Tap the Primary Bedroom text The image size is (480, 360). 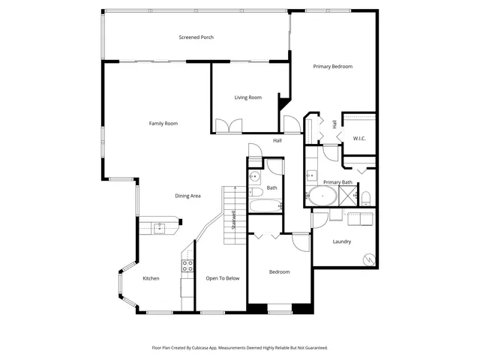[332, 67]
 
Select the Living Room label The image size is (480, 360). [247, 97]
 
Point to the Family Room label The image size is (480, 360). [163, 124]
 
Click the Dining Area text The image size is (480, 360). [187, 196]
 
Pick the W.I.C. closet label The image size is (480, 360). [359, 139]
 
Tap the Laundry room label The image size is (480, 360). [342, 241]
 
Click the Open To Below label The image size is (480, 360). [223, 278]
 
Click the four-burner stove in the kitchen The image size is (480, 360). [187, 265]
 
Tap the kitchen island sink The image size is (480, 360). [160, 228]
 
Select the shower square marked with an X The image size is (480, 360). [347, 196]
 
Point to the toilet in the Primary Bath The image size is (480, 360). [365, 198]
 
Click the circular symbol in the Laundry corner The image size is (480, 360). [367, 259]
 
